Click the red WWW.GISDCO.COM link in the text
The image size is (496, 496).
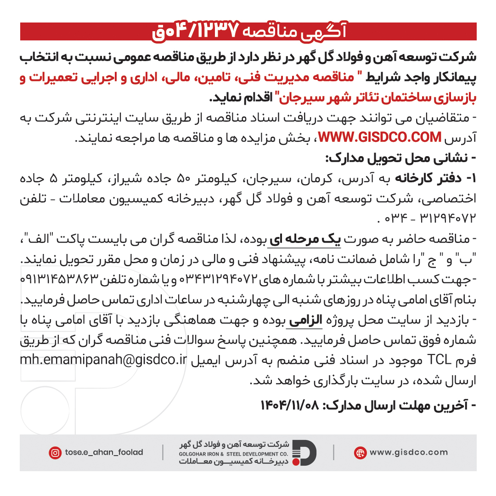coord(379,137)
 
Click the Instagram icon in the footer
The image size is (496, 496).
coord(55,453)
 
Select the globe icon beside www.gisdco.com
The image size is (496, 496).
coord(360,453)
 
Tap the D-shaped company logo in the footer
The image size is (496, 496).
coord(304,453)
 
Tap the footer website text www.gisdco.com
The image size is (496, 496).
coord(408,453)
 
